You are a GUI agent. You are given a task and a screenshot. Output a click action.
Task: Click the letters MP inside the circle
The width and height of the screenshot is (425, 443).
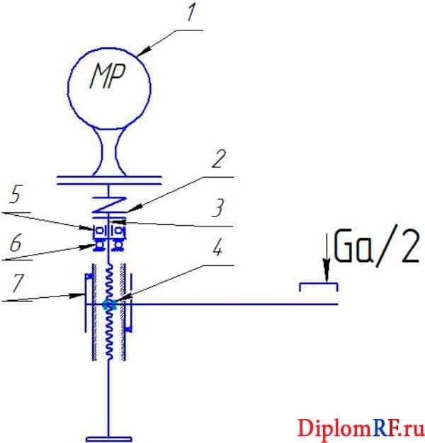click(x=107, y=76)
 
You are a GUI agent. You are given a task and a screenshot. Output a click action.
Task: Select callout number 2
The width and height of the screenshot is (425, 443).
click(x=219, y=159)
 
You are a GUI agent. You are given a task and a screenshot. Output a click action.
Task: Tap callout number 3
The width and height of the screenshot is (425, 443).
click(x=217, y=207)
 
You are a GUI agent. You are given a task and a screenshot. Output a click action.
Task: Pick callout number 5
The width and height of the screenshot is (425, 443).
click(x=16, y=195)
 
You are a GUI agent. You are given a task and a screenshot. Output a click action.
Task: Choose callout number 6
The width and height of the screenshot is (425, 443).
click(x=16, y=243)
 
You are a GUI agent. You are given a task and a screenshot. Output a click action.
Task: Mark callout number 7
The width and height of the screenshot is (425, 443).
click(x=16, y=282)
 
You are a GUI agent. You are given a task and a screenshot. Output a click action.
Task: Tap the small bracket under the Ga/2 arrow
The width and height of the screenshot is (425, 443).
click(x=319, y=287)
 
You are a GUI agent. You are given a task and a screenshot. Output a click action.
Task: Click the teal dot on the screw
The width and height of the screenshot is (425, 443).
click(x=108, y=304)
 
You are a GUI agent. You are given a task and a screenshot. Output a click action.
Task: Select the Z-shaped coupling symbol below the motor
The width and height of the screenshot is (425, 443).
click(x=108, y=205)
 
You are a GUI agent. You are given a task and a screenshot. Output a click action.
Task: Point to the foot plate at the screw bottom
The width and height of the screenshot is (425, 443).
click(x=109, y=439)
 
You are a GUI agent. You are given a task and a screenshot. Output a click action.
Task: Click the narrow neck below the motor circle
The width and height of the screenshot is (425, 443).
click(x=108, y=151)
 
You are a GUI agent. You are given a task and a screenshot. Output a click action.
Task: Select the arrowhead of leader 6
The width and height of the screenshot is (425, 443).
click(x=89, y=246)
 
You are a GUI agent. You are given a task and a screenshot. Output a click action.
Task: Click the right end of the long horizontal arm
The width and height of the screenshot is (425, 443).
click(x=338, y=304)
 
